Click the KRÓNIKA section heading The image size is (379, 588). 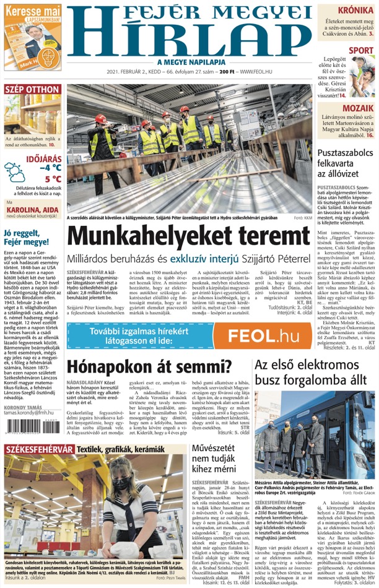(355, 10)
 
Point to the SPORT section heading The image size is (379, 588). (361, 50)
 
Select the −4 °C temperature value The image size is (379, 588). (50, 168)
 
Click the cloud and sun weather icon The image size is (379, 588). (14, 172)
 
